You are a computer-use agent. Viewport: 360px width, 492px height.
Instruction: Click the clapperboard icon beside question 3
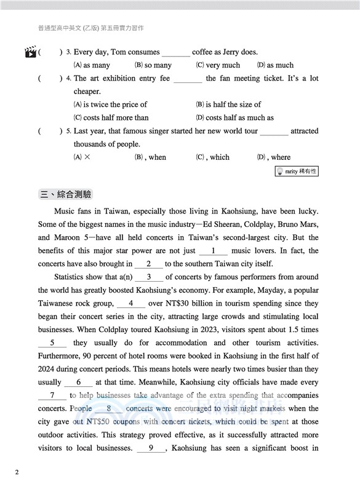pos(30,52)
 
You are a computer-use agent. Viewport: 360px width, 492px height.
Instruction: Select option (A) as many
pos(92,65)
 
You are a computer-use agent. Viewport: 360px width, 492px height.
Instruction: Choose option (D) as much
pos(275,65)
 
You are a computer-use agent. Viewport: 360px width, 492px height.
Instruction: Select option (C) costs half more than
pos(111,117)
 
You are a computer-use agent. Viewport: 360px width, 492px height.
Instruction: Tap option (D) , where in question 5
pos(274,157)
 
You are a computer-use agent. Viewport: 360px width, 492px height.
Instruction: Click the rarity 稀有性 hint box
pos(297,172)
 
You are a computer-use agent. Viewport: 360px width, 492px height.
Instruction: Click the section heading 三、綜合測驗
pos(65,194)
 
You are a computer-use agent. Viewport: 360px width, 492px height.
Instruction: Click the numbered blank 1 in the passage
pos(214,251)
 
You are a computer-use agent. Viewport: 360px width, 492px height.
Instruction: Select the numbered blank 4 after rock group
pos(131,304)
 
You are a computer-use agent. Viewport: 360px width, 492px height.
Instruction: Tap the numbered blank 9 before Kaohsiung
pos(151,448)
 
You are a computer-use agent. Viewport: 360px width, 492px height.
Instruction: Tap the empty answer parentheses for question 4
pos(50,79)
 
